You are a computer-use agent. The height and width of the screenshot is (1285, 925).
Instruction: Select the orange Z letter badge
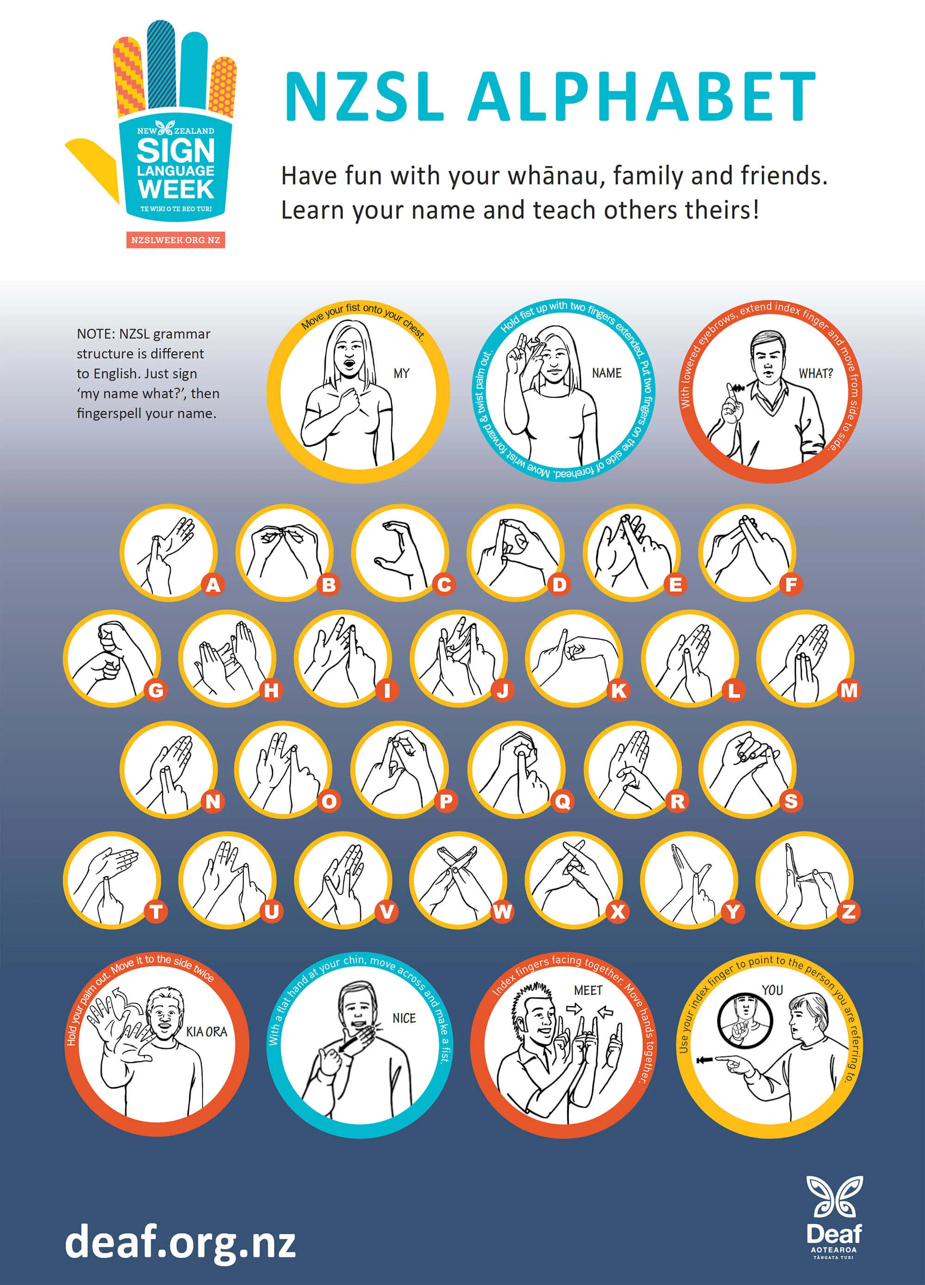tap(849, 912)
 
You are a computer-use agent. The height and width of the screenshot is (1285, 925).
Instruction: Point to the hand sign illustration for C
tap(399, 553)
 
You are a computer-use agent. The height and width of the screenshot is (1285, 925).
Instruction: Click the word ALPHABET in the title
tap(641, 96)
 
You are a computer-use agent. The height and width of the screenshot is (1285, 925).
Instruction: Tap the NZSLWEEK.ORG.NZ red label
tap(176, 240)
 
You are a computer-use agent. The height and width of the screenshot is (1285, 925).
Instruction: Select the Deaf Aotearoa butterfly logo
tap(834, 1197)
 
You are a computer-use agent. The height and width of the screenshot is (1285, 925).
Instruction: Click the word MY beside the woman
tap(401, 373)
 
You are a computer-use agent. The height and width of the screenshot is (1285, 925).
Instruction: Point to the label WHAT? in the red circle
tap(815, 373)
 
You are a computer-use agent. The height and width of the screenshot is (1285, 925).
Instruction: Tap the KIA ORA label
tap(206, 1031)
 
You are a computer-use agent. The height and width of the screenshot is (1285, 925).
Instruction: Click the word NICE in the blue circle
tap(404, 1018)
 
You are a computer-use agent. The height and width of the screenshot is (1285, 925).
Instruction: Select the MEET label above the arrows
tap(588, 990)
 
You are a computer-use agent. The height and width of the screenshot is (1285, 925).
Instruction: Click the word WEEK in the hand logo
tap(176, 189)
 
